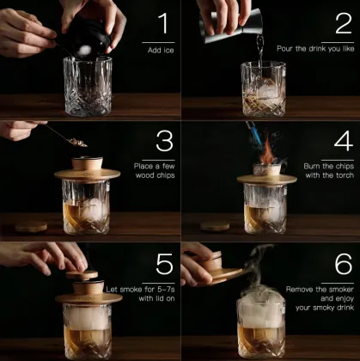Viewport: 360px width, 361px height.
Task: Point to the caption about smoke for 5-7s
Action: click(x=151, y=292)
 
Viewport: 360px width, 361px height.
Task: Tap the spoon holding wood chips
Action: click(x=59, y=134)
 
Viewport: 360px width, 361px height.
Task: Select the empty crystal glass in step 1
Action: click(x=88, y=86)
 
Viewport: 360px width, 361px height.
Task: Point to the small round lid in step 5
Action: click(x=82, y=274)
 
